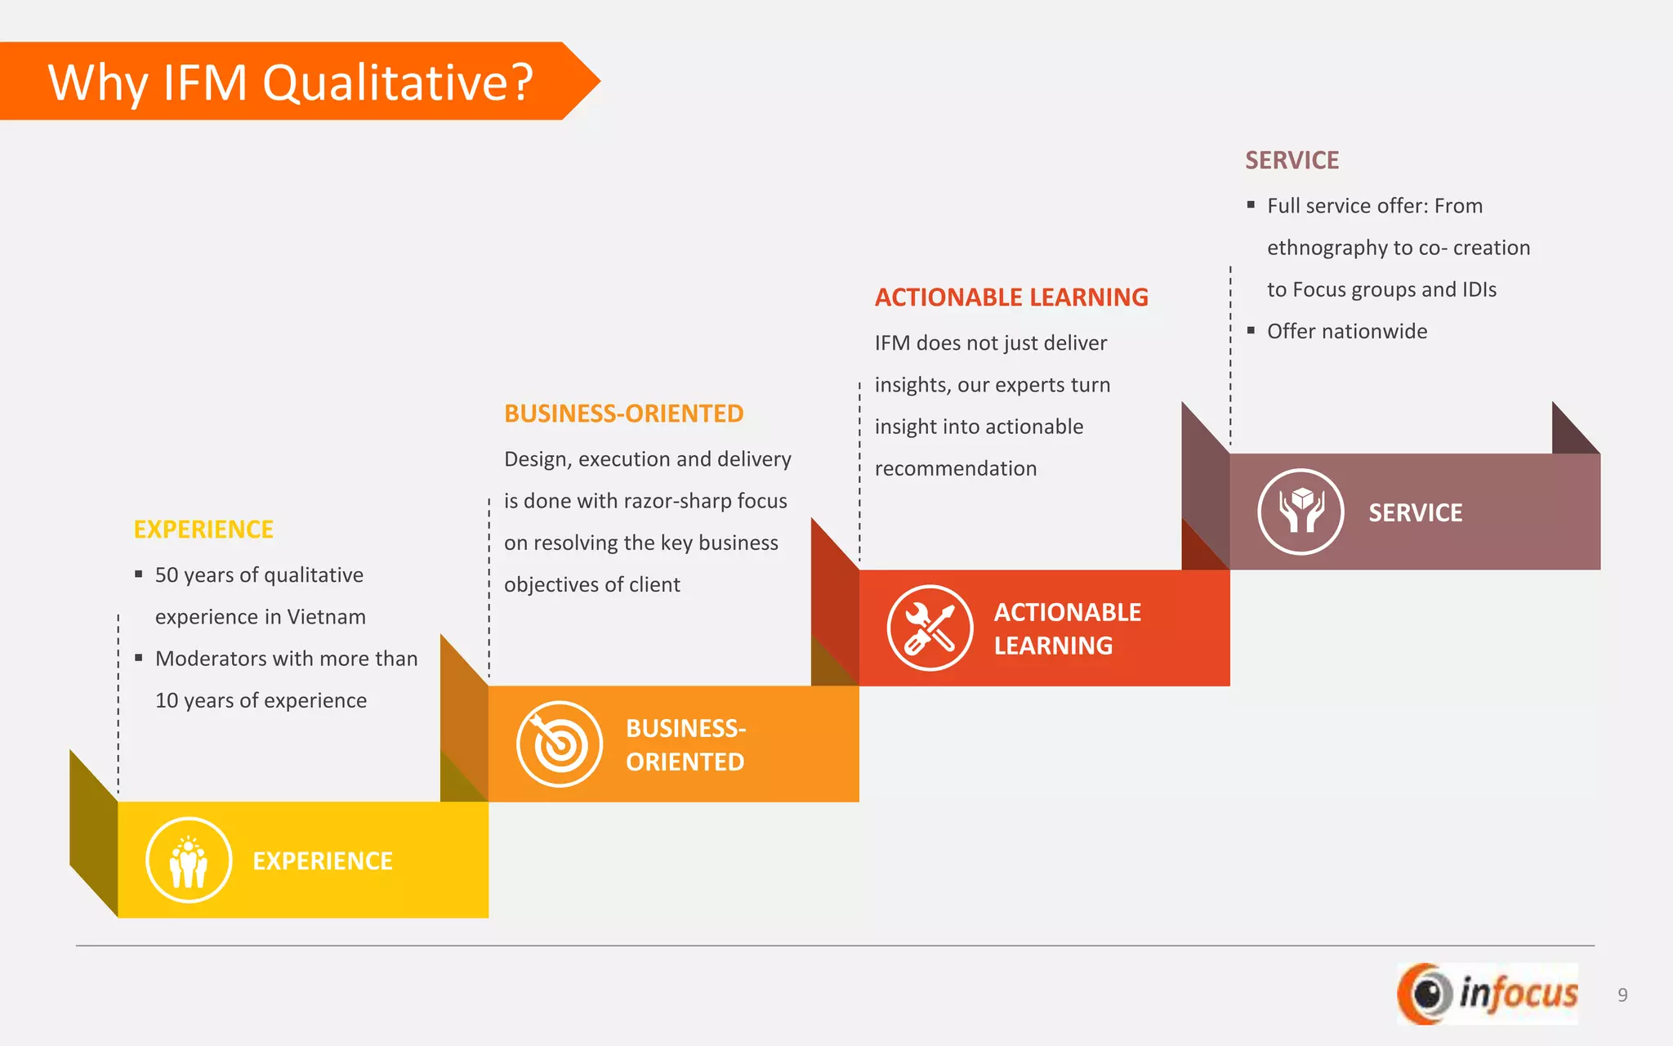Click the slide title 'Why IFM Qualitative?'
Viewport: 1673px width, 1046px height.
tap(290, 83)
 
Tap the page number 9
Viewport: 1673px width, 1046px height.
tap(1622, 995)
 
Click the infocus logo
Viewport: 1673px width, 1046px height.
tap(1488, 994)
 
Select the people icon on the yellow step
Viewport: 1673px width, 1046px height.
tap(189, 860)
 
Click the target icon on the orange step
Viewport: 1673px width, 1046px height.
tap(560, 744)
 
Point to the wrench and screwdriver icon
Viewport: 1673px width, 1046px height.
tap(930, 628)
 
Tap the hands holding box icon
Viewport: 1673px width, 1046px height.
tap(1300, 512)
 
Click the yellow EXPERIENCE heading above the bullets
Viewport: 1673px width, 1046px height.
tap(203, 530)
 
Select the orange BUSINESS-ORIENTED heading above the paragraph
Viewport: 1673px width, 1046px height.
tap(623, 413)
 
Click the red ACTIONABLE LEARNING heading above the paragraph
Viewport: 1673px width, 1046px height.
tap(1011, 297)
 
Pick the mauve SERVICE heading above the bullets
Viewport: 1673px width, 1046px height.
tap(1292, 160)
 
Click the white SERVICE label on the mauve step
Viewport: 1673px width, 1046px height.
tap(1415, 512)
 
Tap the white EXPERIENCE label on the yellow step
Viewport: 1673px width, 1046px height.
tap(323, 860)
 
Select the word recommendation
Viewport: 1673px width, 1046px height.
tap(955, 468)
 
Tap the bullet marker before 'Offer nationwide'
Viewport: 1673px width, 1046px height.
tap(1251, 330)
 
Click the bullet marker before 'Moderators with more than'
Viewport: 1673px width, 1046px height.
tap(139, 658)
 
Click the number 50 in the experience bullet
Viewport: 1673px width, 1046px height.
tap(167, 575)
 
